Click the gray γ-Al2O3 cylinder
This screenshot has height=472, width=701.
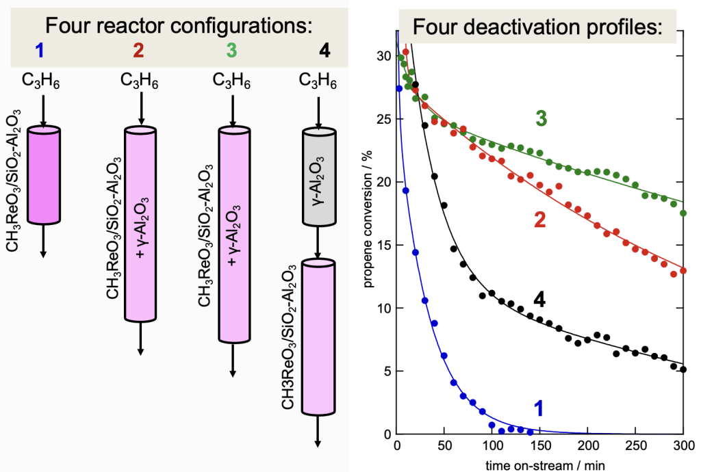[x=318, y=178]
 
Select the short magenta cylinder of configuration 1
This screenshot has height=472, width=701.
[x=43, y=174]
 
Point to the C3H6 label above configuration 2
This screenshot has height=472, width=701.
[x=140, y=81]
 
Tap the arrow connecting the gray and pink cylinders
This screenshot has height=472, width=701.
[x=318, y=243]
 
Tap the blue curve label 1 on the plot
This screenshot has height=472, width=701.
[x=539, y=408]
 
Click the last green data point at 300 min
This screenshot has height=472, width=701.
[x=683, y=213]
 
